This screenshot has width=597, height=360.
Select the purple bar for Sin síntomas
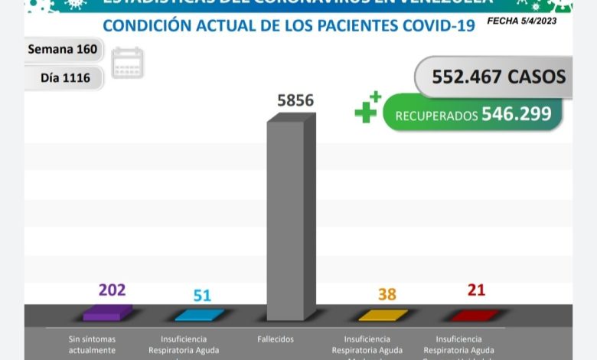[107, 313]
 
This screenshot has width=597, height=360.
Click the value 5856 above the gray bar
[295, 100]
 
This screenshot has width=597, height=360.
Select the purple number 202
[112, 290]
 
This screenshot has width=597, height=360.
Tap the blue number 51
[202, 296]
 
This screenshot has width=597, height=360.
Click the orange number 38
[387, 294]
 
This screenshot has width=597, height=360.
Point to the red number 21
[477, 290]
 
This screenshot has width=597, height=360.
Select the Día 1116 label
[65, 77]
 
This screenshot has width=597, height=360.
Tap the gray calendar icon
[127, 63]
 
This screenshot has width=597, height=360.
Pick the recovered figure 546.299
[516, 114]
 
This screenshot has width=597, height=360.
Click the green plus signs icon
[368, 107]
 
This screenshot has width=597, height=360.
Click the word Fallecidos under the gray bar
[275, 339]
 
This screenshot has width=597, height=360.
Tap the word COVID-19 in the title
[439, 25]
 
